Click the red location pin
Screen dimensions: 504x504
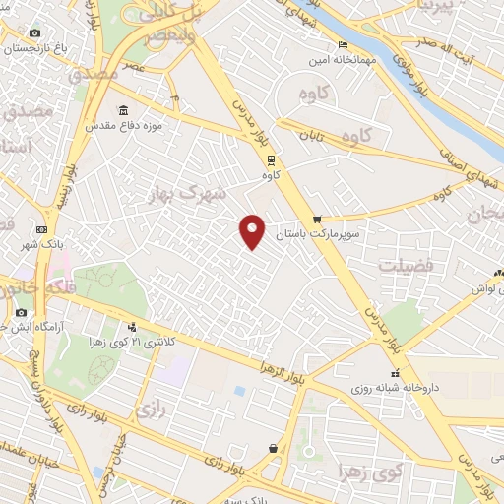(253, 229)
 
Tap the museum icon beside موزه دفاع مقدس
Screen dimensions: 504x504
(123, 110)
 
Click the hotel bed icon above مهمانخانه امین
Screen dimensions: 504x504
(342, 45)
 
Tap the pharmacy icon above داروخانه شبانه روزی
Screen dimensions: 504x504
(396, 373)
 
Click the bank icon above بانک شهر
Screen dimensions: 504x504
(41, 229)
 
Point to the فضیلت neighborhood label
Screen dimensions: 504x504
(405, 264)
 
